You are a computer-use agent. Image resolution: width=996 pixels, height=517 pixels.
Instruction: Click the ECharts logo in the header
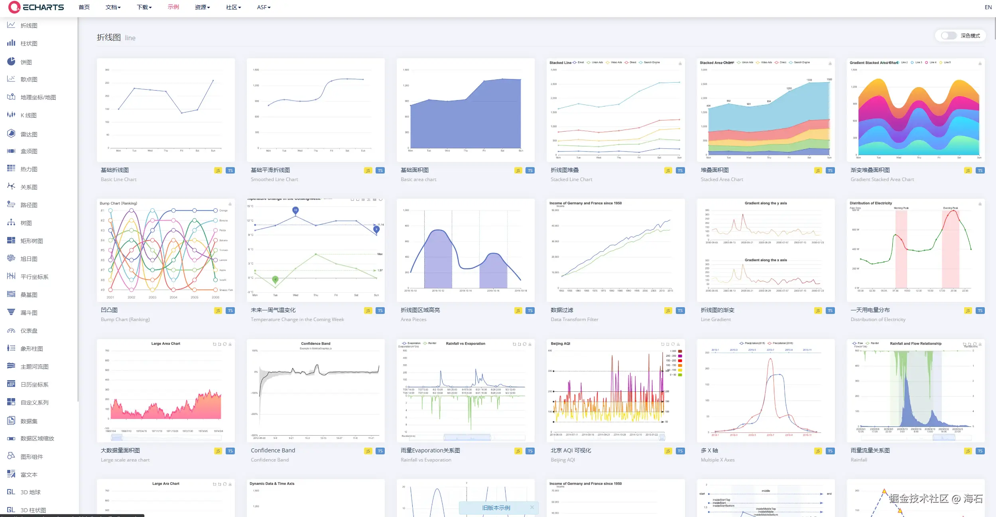pos(36,7)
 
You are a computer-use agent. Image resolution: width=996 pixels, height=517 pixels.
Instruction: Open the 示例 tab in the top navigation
pos(173,7)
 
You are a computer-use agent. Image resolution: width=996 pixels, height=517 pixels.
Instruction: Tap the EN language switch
pos(988,7)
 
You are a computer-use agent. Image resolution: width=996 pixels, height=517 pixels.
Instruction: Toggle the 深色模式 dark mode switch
pos(949,36)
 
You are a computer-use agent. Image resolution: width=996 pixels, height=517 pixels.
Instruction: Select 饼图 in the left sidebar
pos(26,62)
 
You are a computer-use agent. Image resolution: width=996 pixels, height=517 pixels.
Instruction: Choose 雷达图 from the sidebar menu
pos(29,134)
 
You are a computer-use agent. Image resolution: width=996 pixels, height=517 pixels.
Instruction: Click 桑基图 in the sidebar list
pos(29,295)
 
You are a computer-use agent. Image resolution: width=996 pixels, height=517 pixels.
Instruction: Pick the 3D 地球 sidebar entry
pos(30,492)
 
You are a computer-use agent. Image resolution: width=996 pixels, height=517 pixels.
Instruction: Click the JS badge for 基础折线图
pos(218,171)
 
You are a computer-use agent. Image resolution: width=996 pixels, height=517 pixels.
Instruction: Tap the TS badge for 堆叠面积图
pos(830,171)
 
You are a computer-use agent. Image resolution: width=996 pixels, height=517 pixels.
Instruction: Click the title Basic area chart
pos(418,180)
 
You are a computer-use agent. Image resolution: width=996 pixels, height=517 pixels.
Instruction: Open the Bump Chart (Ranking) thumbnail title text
pos(118,203)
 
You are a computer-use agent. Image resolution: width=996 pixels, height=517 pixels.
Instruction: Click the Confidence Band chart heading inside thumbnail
pos(315,343)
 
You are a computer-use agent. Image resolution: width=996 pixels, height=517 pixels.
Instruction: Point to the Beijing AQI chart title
pos(560,343)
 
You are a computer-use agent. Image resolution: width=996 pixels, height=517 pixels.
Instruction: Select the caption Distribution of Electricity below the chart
pos(878,320)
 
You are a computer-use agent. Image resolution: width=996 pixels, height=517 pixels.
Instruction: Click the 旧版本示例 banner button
pos(496,508)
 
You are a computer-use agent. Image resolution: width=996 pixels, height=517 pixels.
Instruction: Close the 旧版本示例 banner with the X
pos(531,507)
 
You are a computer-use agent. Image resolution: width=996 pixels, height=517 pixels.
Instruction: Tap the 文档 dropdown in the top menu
pos(113,7)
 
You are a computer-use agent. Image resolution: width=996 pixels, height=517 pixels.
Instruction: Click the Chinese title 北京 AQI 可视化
pos(571,450)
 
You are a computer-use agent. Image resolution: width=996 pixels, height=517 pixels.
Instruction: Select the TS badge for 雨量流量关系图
pos(980,451)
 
